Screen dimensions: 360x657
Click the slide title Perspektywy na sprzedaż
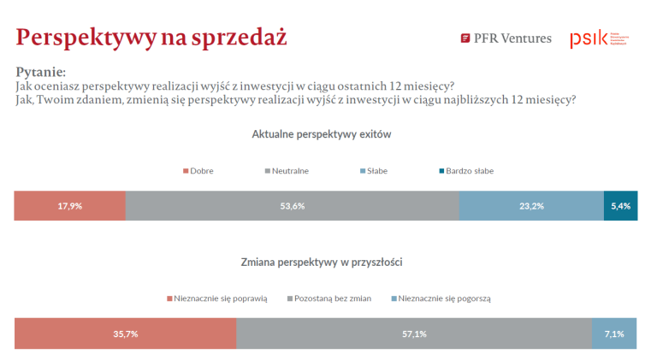(151, 37)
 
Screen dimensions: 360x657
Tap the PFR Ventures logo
(506, 38)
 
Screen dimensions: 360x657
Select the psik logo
(598, 38)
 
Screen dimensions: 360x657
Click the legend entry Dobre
(198, 171)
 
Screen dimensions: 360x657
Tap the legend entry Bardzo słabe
(466, 171)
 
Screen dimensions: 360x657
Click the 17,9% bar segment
(70, 206)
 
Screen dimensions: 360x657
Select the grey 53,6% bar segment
(292, 206)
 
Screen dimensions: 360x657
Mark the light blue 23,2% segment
(531, 206)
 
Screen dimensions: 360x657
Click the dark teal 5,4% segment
(620, 206)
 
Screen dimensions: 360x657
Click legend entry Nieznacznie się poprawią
(217, 298)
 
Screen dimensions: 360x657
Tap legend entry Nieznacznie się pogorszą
(440, 298)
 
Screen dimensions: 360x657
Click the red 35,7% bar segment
(125, 333)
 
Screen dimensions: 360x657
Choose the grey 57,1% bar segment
(413, 333)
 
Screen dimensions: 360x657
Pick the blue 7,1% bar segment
(613, 333)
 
